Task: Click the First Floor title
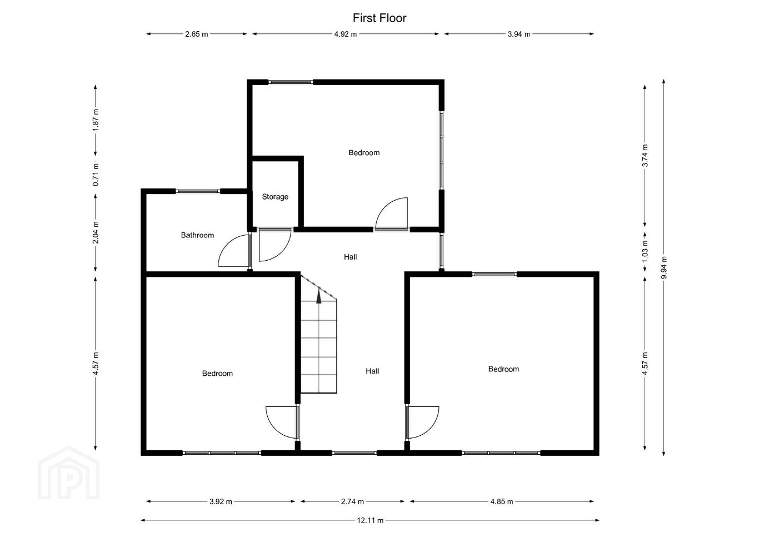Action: click(x=379, y=18)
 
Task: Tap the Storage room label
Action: click(x=275, y=197)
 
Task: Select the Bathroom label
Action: click(x=198, y=235)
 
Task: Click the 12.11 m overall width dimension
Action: click(x=370, y=520)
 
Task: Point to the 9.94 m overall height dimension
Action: click(x=664, y=267)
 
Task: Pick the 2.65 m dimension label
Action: click(x=197, y=34)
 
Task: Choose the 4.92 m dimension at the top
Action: click(x=346, y=34)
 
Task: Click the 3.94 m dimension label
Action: click(x=519, y=34)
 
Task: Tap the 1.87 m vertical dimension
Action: click(x=96, y=120)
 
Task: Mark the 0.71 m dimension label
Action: click(x=96, y=175)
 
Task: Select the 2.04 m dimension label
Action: click(x=96, y=232)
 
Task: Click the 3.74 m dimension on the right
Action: click(x=645, y=155)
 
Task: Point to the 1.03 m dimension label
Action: click(x=645, y=251)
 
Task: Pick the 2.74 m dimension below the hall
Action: click(x=352, y=501)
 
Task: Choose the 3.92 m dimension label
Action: click(x=221, y=501)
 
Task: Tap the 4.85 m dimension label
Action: click(x=502, y=501)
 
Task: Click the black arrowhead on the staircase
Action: click(x=318, y=297)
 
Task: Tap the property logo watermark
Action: click(x=69, y=473)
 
